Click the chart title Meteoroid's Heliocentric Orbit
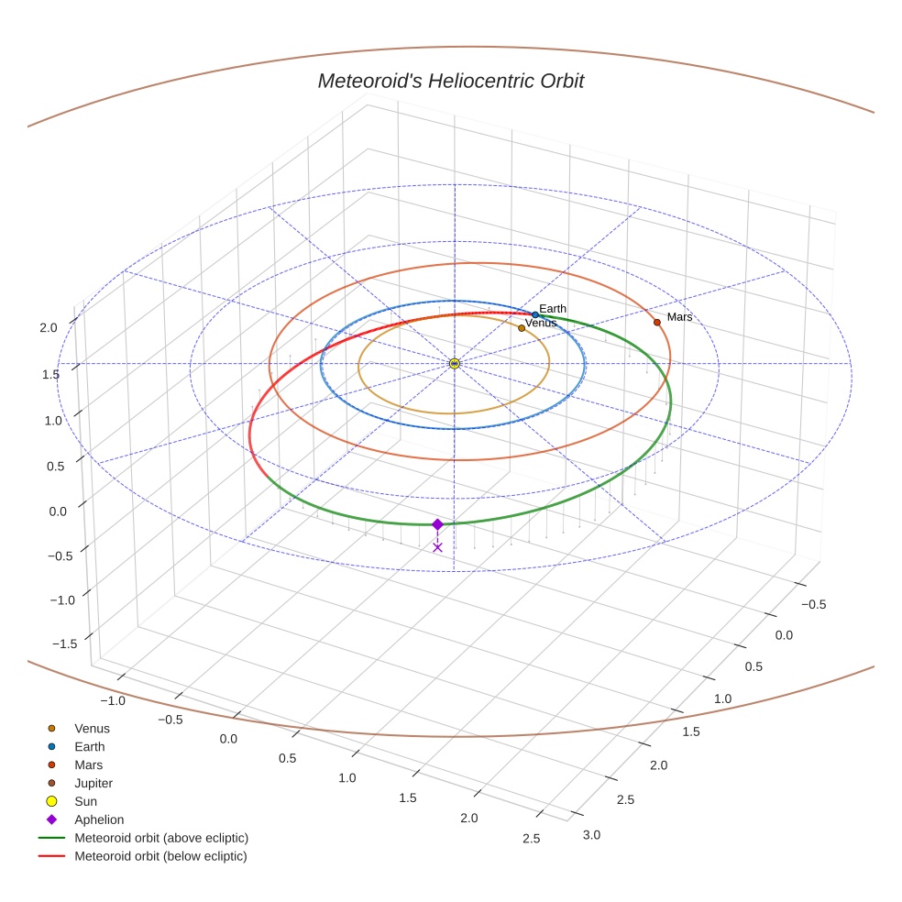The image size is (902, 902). [450, 81]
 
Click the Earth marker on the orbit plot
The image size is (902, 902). [535, 314]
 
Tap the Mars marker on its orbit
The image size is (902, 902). [657, 322]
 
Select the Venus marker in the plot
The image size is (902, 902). [522, 327]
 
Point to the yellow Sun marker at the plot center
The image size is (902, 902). [455, 364]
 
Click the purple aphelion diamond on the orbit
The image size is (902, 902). [437, 524]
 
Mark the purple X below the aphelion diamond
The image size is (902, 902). [437, 547]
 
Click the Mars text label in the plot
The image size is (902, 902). [679, 317]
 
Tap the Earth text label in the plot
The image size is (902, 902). [553, 309]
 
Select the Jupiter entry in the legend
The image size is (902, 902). [93, 783]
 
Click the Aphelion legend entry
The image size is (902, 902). [99, 819]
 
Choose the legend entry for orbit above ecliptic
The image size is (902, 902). [161, 838]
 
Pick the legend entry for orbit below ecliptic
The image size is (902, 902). [160, 856]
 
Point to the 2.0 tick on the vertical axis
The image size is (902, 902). [49, 327]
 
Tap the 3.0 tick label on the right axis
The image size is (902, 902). [591, 834]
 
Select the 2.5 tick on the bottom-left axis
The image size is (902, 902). [531, 838]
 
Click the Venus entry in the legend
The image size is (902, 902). [92, 728]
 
